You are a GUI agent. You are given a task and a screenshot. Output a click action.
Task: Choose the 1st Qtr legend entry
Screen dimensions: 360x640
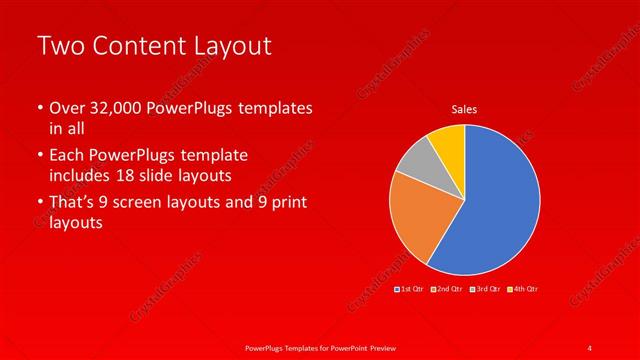[409, 289]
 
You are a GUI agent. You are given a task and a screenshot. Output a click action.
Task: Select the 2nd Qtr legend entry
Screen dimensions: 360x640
[447, 289]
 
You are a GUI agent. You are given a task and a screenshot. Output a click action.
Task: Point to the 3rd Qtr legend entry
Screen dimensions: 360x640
[485, 289]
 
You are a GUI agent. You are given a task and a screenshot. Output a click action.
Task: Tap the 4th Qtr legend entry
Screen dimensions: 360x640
[523, 289]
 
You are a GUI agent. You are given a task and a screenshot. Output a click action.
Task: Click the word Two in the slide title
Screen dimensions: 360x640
[59, 46]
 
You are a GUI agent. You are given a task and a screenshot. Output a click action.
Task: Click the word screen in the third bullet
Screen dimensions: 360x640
[154, 204]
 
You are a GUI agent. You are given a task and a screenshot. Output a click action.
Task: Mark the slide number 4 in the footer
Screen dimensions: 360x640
[589, 347]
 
